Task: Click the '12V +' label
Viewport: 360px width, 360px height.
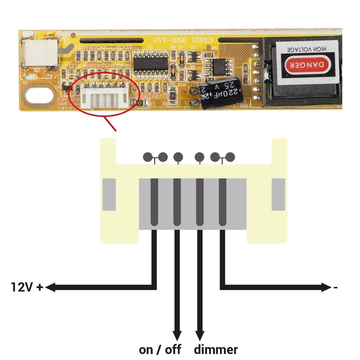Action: point(27,287)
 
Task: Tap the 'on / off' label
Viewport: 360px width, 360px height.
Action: point(160,349)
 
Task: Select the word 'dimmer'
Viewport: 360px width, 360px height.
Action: point(216,349)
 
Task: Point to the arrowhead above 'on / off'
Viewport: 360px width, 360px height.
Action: point(177,336)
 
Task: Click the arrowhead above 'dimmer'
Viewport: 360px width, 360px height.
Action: point(200,336)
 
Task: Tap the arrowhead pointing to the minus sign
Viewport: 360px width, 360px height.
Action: point(326,287)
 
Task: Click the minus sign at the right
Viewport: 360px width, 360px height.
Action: point(336,288)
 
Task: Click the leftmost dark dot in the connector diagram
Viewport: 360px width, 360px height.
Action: point(148,157)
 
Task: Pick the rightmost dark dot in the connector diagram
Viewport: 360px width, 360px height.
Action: point(230,157)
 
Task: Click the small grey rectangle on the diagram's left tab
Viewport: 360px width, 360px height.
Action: point(109,194)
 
